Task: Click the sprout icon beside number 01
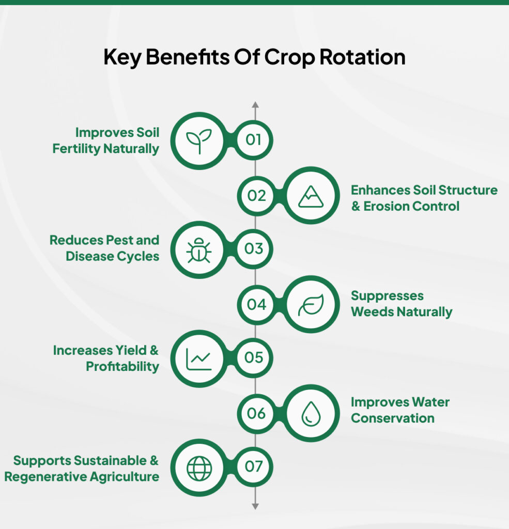[199, 141]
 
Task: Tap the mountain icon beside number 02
[311, 196]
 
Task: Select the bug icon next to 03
[199, 250]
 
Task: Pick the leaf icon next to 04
[311, 305]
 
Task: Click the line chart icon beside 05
[199, 359]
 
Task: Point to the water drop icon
[311, 414]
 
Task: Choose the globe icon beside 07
[199, 468]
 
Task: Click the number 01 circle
[254, 140]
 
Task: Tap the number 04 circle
[256, 304]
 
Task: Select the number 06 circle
[256, 413]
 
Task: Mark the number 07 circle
[254, 467]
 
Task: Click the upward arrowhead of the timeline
[255, 105]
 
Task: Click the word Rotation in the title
[362, 57]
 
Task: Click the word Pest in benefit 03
[121, 240]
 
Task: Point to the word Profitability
[122, 366]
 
